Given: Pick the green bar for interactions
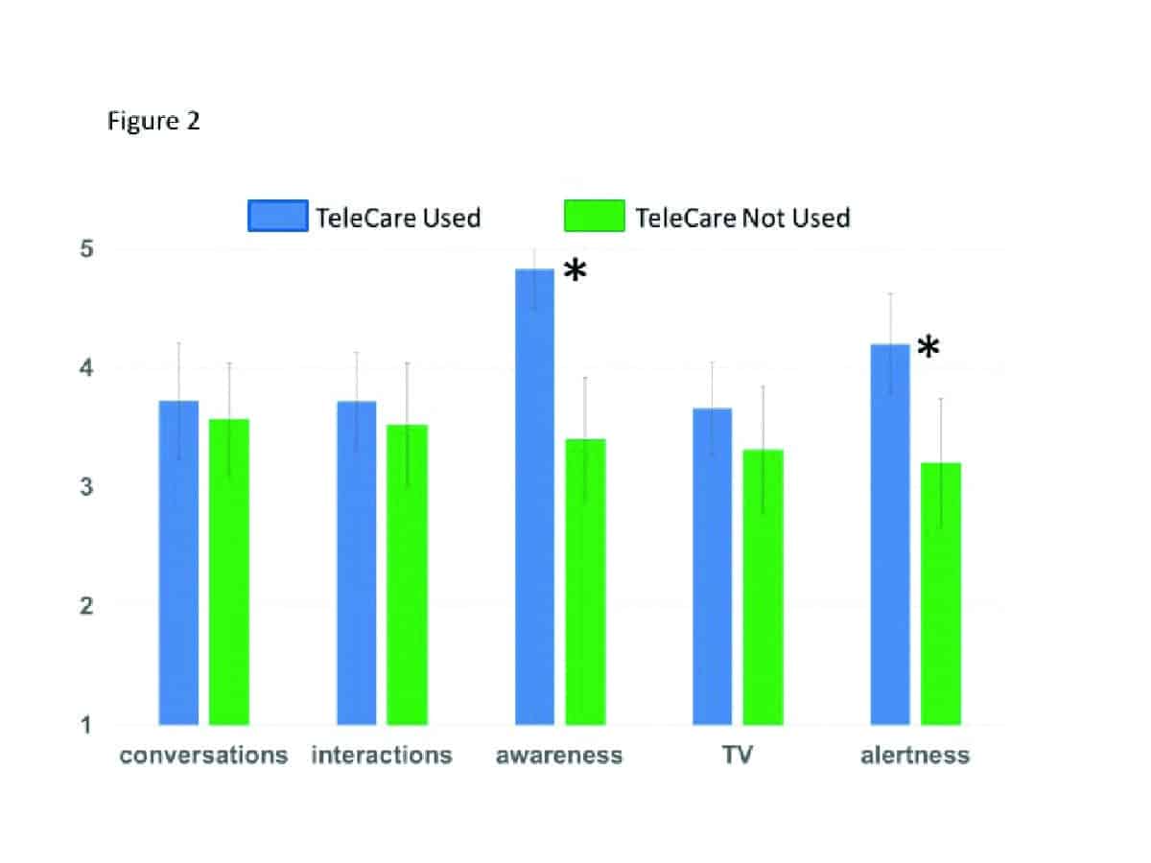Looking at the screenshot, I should click(x=407, y=574).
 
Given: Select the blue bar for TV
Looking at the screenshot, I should click(x=712, y=566).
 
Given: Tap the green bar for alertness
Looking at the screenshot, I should click(x=940, y=594).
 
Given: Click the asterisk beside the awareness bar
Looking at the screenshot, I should click(x=574, y=273).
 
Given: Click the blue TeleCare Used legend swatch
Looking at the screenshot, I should click(x=277, y=217).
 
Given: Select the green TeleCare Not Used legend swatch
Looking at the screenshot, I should click(x=595, y=217).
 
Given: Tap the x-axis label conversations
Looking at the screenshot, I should click(x=203, y=756).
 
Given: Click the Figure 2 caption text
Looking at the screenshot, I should click(x=153, y=122).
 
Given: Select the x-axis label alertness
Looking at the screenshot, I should click(x=914, y=756).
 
